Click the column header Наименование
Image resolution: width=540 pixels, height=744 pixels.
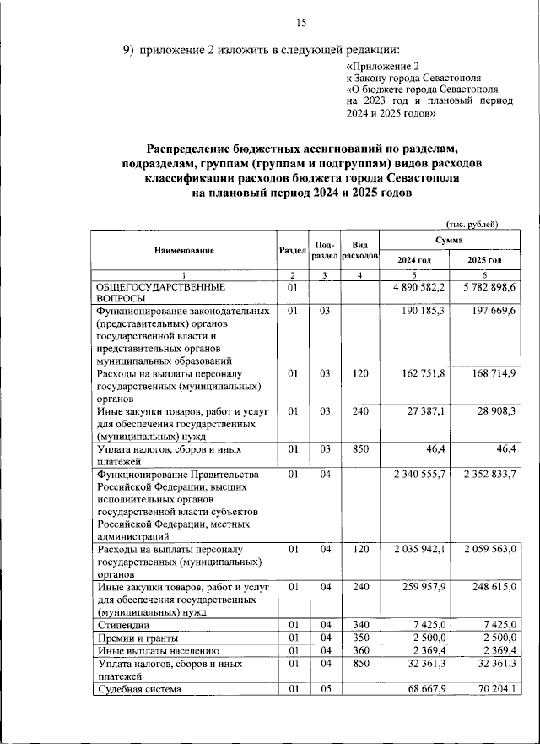point(184,250)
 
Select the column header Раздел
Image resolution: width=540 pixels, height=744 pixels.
point(291,250)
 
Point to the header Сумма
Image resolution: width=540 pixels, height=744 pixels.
point(450,241)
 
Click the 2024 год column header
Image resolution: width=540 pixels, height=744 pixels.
point(414,260)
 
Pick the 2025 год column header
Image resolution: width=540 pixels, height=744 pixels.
point(484,260)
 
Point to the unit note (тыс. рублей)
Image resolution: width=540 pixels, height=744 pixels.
point(472,223)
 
